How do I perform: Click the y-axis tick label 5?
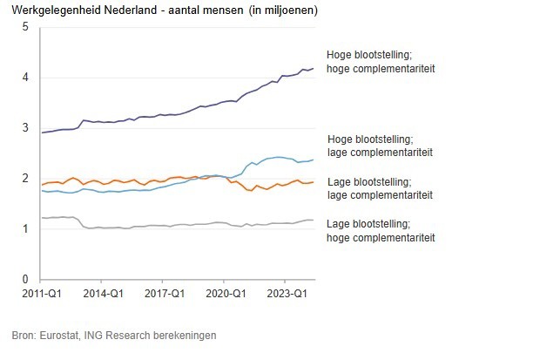(25, 27)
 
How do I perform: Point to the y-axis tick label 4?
(25, 78)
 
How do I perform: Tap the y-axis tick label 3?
(25, 128)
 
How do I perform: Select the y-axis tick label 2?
(25, 179)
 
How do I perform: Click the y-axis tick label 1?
(25, 229)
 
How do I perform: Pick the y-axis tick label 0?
(25, 279)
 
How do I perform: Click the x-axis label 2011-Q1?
(43, 295)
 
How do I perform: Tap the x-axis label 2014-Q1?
(103, 295)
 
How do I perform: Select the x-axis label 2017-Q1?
(164, 295)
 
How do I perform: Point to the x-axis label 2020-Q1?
(225, 295)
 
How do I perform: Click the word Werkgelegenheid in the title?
(51, 10)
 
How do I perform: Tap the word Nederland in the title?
(127, 10)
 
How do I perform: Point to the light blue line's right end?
(314, 160)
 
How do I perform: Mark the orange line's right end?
(314, 182)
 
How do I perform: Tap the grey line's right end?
(314, 220)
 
